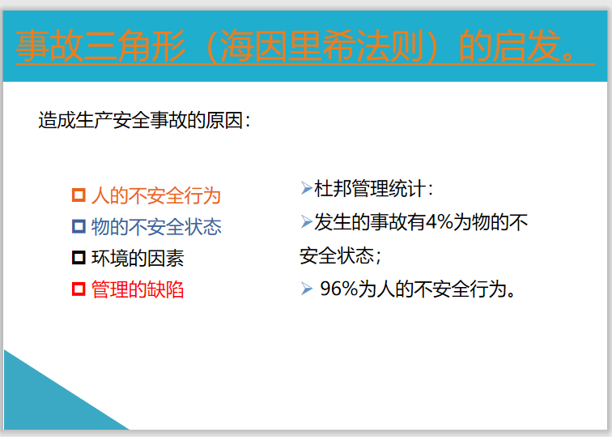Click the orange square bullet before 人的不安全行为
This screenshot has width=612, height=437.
point(79,195)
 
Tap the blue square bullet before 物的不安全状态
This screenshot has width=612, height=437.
point(79,226)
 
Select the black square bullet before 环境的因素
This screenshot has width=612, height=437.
point(79,258)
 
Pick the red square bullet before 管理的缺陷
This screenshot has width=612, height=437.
point(79,289)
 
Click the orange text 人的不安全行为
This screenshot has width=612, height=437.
point(155,195)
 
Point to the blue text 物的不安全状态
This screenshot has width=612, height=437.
point(155,226)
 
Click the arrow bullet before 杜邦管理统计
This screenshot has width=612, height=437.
point(306,189)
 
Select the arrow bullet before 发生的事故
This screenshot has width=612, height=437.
point(306,221)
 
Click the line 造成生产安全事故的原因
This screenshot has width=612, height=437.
point(143,121)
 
